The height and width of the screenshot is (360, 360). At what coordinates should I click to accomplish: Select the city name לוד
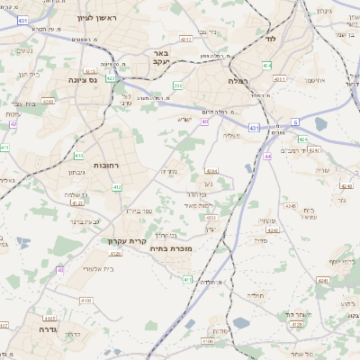(x=271, y=40)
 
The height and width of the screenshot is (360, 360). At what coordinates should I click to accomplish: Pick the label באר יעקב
(x=156, y=57)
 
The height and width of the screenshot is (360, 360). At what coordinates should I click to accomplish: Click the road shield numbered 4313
(x=185, y=40)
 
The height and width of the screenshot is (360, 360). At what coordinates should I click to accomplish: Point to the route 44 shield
(x=268, y=157)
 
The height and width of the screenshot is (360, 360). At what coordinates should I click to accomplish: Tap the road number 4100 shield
(x=86, y=300)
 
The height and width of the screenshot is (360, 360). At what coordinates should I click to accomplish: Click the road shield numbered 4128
(x=297, y=324)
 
